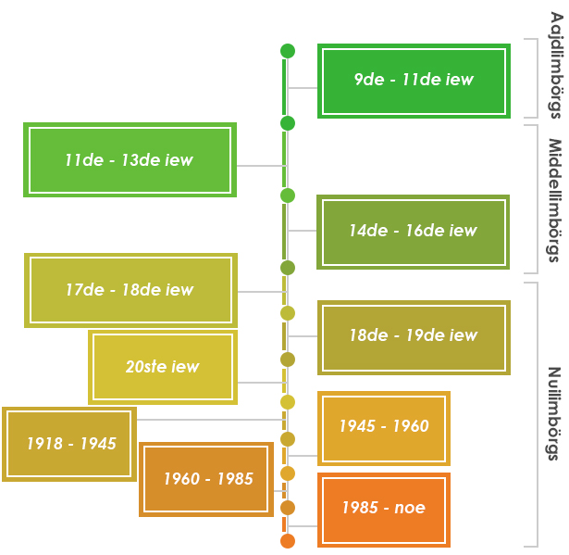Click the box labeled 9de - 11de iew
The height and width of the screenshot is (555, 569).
[x=413, y=80]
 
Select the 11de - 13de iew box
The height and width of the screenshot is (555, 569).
[x=130, y=159]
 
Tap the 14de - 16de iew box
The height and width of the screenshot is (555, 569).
[x=413, y=232]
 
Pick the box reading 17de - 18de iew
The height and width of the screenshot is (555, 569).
[x=130, y=290]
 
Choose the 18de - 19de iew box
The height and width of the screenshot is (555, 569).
[x=413, y=336]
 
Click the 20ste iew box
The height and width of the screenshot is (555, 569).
[x=163, y=367]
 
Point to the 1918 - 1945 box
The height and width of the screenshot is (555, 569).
[x=70, y=444]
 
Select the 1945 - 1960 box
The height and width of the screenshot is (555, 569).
[x=383, y=427]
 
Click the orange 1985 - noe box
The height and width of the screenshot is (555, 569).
[x=383, y=508]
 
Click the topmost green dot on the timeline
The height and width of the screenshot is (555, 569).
[x=288, y=51]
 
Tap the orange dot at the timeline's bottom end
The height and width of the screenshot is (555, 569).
[x=288, y=541]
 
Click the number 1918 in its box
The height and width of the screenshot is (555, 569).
[x=44, y=444]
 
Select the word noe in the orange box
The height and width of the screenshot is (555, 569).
[x=409, y=508]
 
